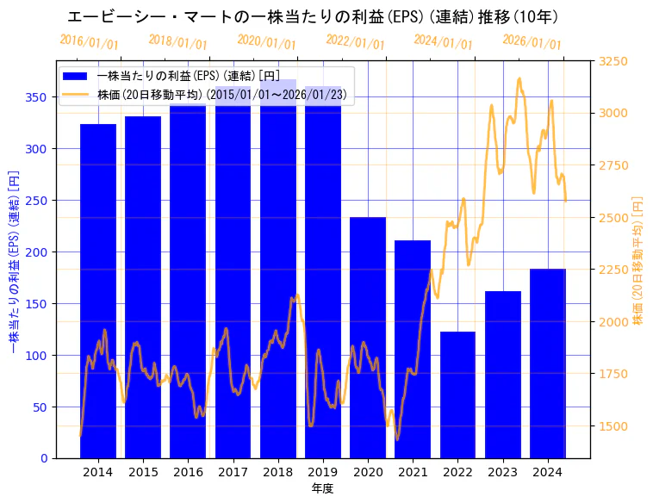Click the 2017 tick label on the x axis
click(233, 472)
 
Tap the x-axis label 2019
click(323, 472)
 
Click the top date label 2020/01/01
click(266, 41)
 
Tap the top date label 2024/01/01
click(443, 41)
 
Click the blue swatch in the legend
click(76, 77)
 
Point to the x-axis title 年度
click(322, 488)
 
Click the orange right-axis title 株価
click(637, 259)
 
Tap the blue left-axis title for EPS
click(13, 259)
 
